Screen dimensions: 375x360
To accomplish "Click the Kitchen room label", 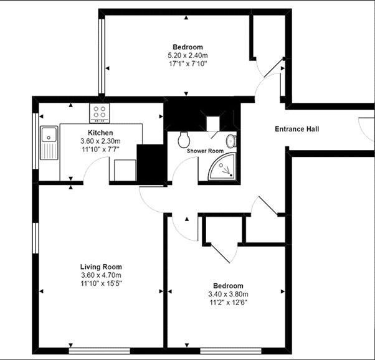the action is [x=100, y=133].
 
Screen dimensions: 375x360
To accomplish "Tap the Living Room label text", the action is [x=101, y=267].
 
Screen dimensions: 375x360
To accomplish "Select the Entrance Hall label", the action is [x=297, y=129].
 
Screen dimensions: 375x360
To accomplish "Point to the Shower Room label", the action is [x=205, y=151].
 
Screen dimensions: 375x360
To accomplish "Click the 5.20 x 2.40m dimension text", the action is [x=187, y=55].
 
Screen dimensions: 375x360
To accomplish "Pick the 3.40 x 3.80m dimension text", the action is [x=228, y=294].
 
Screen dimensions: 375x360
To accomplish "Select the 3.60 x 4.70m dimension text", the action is [x=101, y=275].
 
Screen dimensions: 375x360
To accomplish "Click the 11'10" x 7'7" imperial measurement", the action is [x=100, y=149].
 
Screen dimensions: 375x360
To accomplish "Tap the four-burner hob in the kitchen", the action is [x=100, y=113].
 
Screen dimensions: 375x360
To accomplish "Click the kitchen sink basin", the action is [x=49, y=135].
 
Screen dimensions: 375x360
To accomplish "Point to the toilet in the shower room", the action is [x=184, y=140].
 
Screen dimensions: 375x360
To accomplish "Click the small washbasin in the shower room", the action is [x=231, y=141].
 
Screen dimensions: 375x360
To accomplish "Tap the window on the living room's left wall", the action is [x=36, y=238].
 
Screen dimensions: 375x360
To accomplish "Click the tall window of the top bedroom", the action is [x=102, y=56].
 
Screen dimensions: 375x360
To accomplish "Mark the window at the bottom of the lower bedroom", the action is [x=230, y=351].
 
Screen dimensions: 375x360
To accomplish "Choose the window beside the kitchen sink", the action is [x=36, y=141].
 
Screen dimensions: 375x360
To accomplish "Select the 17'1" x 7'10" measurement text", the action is [x=187, y=64].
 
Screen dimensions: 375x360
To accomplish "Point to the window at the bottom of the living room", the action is [x=99, y=351].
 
